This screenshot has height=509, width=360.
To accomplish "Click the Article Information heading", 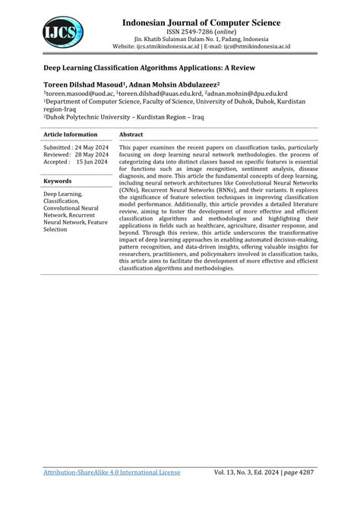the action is [71, 134].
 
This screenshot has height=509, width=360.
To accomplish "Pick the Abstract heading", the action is [131, 134].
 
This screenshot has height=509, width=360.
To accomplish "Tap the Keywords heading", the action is [58, 182].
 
